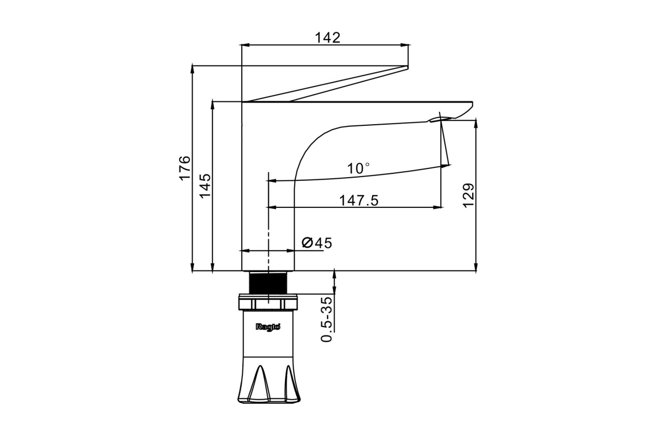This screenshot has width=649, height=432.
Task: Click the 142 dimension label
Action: pos(327,38)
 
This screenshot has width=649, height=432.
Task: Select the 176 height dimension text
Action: pos(184,168)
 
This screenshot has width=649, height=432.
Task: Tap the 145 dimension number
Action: pos(205,186)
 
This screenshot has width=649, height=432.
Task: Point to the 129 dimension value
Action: pos(468,195)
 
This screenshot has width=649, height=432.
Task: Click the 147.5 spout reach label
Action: pos(359,200)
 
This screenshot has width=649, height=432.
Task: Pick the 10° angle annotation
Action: pos(359,168)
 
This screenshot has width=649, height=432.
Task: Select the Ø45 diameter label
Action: pos(317,243)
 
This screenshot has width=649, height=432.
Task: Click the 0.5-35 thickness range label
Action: pos(327,320)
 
